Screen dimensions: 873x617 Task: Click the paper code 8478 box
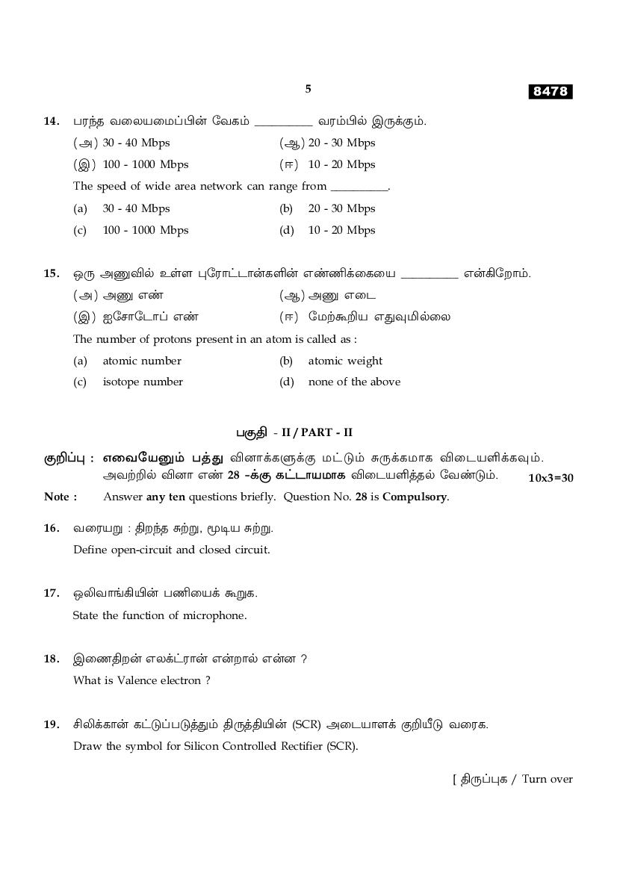551,91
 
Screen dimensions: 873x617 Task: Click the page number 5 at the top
308,89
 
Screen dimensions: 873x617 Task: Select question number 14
52,121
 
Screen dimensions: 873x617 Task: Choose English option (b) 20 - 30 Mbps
341,208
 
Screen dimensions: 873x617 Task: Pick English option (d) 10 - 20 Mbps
341,230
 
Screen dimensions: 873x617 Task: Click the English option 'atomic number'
142,361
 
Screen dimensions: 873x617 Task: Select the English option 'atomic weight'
345,361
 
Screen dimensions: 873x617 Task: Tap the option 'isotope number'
143,382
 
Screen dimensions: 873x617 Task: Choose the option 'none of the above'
354,382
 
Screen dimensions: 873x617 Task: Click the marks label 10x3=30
551,478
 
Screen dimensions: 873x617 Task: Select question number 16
52,528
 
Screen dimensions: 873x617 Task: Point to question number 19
52,724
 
